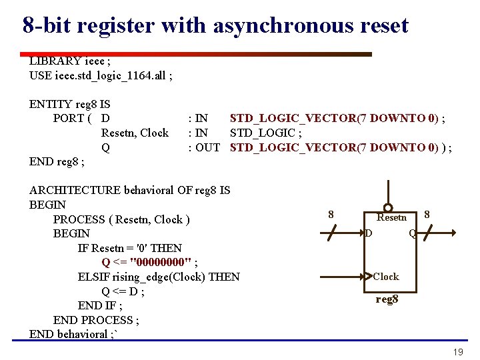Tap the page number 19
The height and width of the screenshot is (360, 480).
point(457,352)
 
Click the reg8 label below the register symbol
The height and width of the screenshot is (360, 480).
point(387,299)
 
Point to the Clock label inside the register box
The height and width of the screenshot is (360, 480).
point(386,277)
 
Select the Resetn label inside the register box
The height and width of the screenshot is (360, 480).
point(391,217)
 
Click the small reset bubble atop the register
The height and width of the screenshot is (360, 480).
point(388,207)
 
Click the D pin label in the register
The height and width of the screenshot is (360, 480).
point(368,233)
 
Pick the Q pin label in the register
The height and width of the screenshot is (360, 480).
point(413,233)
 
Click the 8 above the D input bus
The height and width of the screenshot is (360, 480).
point(331,215)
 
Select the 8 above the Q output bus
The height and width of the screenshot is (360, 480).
point(427,215)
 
